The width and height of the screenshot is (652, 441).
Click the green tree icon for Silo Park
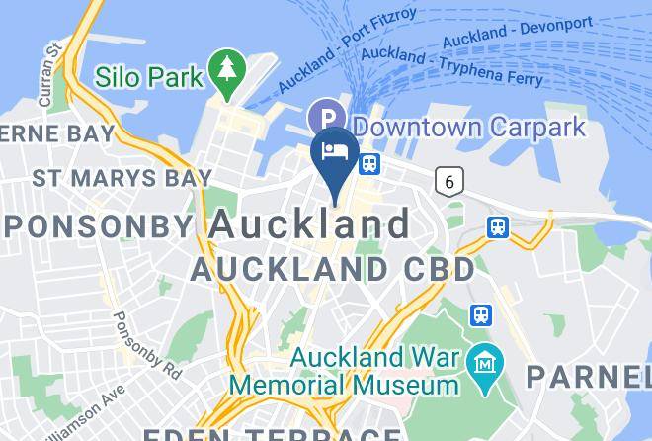pyautogui.click(x=229, y=72)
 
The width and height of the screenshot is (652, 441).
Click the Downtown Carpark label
pyautogui.click(x=469, y=128)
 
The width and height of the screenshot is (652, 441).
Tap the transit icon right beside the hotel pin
pyautogui.click(x=370, y=163)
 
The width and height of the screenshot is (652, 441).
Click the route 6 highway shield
pyautogui.click(x=450, y=180)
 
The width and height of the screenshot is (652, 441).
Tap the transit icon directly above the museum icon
pyautogui.click(x=481, y=314)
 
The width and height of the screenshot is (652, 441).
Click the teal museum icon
pyautogui.click(x=485, y=357)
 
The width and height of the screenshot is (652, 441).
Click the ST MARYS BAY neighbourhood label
pyautogui.click(x=122, y=178)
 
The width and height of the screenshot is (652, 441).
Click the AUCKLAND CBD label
pyautogui.click(x=333, y=268)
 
